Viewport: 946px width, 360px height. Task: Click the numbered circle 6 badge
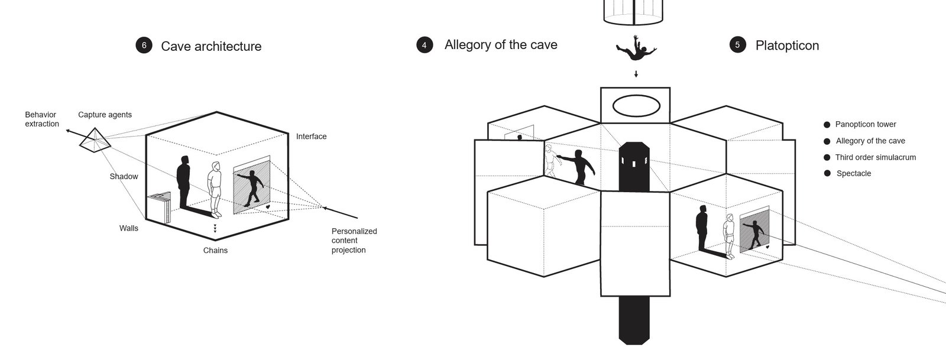click(x=144, y=45)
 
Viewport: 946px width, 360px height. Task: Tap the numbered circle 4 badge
click(x=425, y=45)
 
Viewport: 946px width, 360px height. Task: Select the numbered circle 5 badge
click(x=737, y=45)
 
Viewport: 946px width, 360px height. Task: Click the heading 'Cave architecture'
click(x=211, y=46)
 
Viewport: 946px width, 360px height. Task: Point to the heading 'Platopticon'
click(x=787, y=46)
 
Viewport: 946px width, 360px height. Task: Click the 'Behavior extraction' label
click(x=42, y=119)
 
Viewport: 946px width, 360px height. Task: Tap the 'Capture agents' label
click(x=105, y=114)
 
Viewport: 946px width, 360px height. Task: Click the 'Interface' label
click(x=311, y=137)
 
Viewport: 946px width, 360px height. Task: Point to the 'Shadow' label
click(x=124, y=176)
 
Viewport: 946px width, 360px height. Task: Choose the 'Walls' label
click(x=129, y=228)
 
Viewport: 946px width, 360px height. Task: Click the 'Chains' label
click(x=215, y=250)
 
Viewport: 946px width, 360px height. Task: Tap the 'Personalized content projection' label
click(x=354, y=241)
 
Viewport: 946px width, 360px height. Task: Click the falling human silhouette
click(x=636, y=48)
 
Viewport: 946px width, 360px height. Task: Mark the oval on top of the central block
click(x=636, y=105)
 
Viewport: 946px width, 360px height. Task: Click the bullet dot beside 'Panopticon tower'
click(x=827, y=125)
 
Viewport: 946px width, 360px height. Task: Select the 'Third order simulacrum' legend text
click(x=876, y=157)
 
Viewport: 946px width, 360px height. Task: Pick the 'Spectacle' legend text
click(x=854, y=173)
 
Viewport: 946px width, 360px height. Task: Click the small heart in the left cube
click(x=268, y=207)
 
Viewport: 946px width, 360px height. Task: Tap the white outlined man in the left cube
click(x=215, y=190)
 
